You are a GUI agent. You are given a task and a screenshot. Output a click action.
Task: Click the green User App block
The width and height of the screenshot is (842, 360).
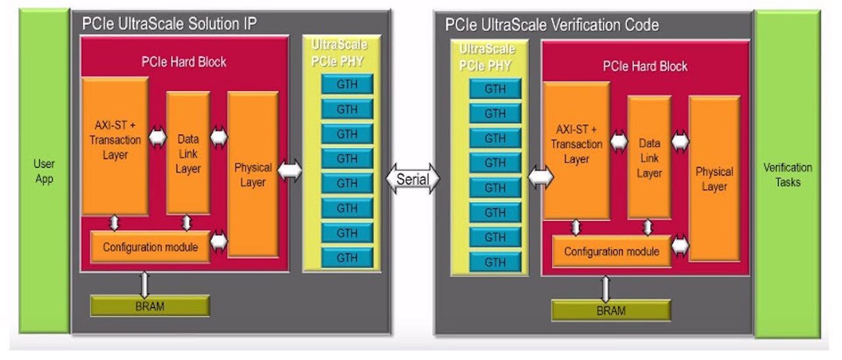[44, 171]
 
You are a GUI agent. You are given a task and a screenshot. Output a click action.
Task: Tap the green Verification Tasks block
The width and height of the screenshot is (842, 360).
[787, 174]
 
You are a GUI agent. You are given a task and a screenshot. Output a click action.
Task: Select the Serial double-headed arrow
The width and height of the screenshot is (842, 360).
[412, 178]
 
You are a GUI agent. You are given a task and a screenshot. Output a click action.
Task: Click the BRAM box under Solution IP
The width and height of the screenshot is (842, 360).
[150, 306]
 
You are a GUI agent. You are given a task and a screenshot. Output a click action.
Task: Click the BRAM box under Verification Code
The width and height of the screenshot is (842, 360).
[610, 311]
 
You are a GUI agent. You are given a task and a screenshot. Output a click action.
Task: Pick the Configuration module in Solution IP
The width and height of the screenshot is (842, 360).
[150, 247]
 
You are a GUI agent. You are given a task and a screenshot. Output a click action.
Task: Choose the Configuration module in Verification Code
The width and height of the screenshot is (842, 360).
[611, 251]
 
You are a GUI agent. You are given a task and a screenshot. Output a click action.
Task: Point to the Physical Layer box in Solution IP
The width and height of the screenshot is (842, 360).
[253, 174]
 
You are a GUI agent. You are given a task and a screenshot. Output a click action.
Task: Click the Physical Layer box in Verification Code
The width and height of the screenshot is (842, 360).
[714, 178]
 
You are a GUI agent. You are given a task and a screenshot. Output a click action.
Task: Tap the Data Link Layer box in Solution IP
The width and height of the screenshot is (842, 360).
[188, 153]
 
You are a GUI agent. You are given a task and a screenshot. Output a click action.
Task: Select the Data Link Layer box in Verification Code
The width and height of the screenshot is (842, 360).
[649, 157]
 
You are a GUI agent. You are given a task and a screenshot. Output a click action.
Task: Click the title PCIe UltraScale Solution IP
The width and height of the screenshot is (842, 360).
[169, 24]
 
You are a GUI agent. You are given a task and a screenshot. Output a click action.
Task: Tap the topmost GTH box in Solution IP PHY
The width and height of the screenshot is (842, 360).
[347, 84]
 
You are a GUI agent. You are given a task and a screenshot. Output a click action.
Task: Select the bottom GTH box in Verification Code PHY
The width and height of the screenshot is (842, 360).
[495, 262]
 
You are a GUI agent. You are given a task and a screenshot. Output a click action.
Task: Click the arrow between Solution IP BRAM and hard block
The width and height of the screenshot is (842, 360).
[145, 284]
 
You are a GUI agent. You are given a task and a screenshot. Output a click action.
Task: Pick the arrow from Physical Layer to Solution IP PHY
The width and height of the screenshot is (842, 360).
[289, 171]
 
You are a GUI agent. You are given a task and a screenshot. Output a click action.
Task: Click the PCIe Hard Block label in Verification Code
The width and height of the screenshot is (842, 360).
[645, 66]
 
